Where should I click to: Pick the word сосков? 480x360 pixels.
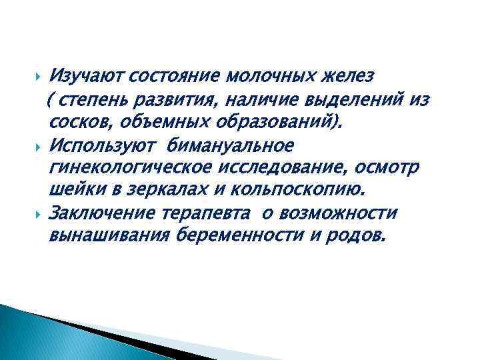tap(71, 123)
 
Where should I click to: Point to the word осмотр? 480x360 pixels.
tap(389, 167)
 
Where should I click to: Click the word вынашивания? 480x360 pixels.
tap(110, 235)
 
